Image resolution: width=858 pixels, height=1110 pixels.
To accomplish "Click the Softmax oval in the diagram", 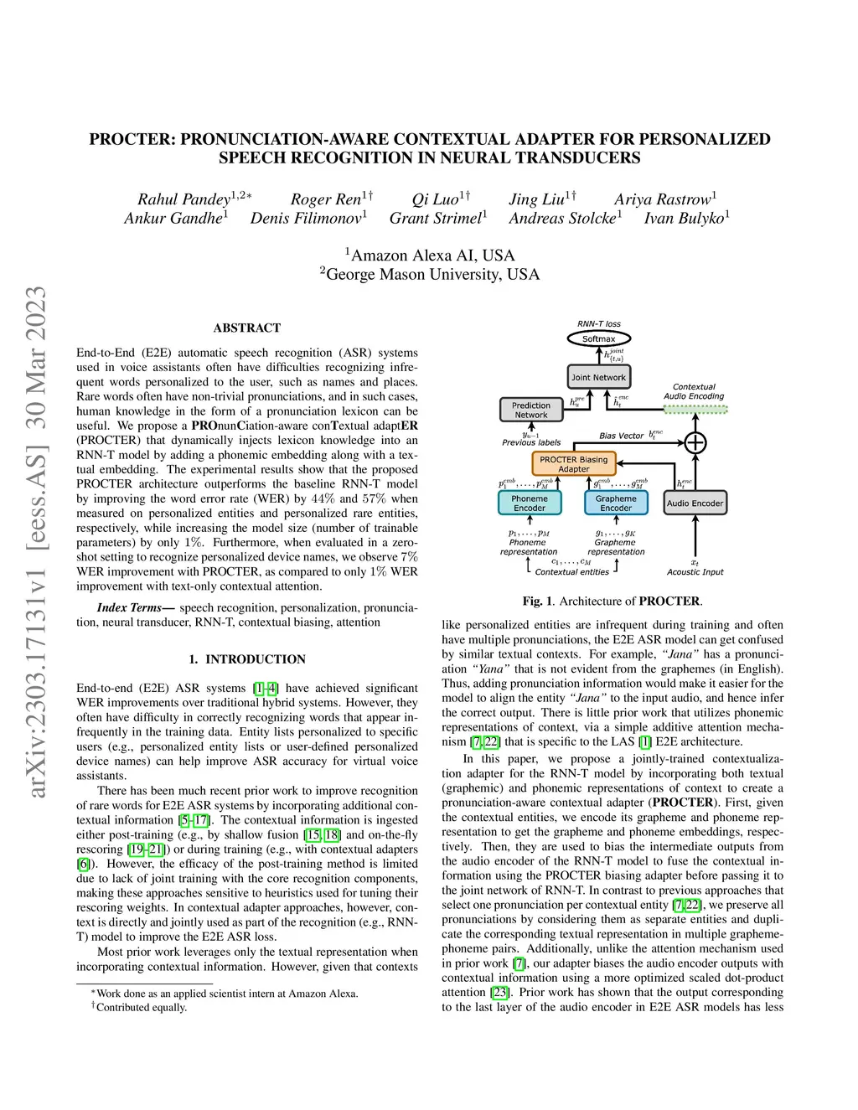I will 598,338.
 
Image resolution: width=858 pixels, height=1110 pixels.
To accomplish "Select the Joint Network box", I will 598,377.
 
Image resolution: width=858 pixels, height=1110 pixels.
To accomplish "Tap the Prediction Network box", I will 531,410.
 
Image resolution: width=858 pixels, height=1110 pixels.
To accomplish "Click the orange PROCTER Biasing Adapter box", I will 573,464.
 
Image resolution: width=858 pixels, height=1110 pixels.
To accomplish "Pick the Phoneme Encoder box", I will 530,503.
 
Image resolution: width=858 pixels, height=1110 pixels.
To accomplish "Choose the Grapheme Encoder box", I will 616,503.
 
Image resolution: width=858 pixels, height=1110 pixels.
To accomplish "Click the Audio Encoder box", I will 695,503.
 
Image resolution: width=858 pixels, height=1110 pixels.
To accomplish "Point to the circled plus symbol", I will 695,442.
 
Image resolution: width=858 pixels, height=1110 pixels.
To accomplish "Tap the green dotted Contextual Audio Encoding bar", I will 695,410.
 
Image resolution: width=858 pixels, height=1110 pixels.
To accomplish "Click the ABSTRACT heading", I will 247,328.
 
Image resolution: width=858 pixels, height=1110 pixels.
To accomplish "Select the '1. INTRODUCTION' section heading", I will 247,659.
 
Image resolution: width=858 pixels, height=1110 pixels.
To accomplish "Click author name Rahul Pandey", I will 184,199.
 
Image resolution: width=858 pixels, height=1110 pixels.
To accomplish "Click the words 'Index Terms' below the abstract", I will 130,607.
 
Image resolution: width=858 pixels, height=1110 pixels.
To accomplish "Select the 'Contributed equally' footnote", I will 141,1007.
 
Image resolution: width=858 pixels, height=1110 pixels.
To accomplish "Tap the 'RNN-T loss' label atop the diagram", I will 599,323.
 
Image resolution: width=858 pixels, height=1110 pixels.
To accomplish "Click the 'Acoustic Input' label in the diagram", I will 695,572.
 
